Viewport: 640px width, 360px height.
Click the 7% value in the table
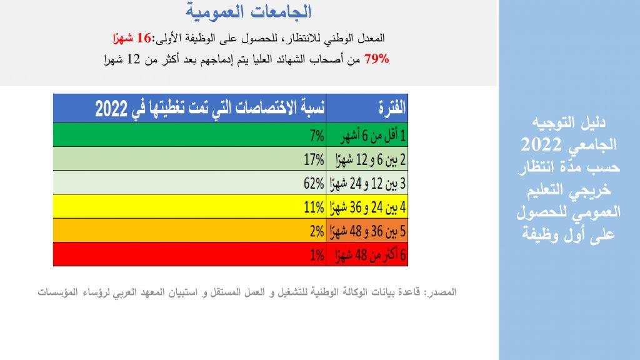pyautogui.click(x=317, y=136)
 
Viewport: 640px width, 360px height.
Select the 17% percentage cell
pyautogui.click(x=314, y=159)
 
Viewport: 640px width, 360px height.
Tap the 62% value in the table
pyautogui.click(x=314, y=184)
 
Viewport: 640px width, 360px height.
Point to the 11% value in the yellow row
pyautogui.click(x=314, y=207)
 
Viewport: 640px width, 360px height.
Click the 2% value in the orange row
pyautogui.click(x=317, y=231)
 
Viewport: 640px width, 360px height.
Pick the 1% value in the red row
pyautogui.click(x=317, y=256)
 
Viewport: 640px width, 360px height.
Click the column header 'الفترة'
pyautogui.click(x=392, y=108)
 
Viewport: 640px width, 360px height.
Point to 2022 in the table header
pyautogui.click(x=111, y=109)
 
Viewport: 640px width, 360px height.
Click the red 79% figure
pyautogui.click(x=377, y=59)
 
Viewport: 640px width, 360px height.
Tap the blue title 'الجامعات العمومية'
pyautogui.click(x=249, y=11)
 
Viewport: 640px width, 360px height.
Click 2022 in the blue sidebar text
pyautogui.click(x=541, y=144)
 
